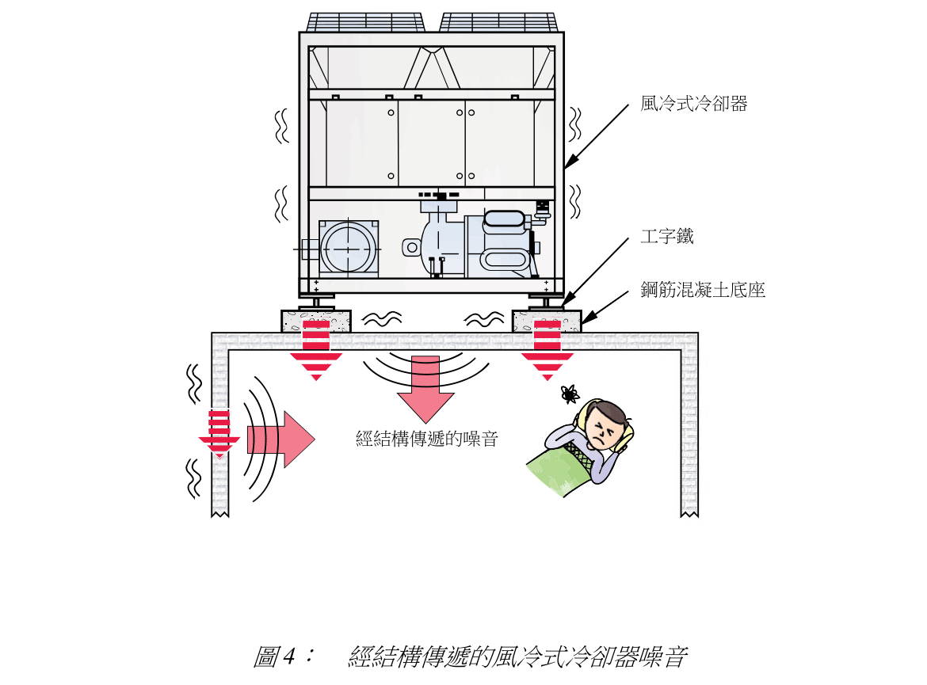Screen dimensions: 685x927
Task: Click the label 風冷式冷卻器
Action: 693,105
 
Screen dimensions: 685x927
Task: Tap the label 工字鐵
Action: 667,236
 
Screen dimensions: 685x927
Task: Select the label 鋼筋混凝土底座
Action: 703,291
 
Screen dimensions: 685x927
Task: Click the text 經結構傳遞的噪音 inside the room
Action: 427,439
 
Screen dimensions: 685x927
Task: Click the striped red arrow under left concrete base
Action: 315,348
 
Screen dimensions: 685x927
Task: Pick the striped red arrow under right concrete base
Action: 547,348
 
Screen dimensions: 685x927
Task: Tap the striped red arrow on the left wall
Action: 219,433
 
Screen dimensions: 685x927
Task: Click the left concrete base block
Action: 315,320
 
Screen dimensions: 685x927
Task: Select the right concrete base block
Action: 547,320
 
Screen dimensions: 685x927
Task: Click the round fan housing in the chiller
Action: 349,248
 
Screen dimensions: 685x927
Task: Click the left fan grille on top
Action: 365,22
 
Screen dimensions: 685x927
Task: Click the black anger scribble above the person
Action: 568,393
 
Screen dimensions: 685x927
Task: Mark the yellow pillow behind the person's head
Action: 626,428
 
